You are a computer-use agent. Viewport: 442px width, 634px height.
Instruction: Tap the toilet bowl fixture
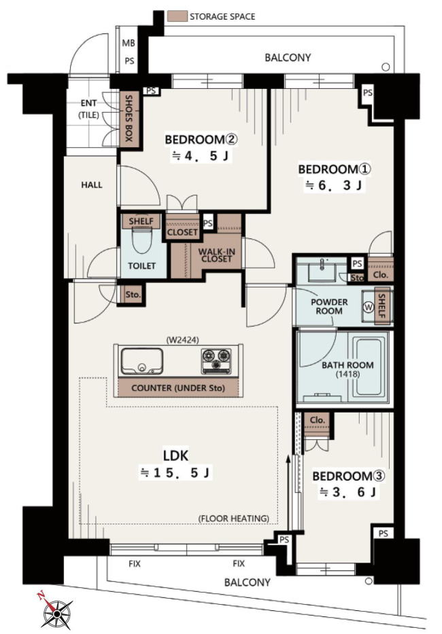click(142, 240)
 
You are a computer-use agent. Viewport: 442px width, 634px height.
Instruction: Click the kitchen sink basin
click(142, 361)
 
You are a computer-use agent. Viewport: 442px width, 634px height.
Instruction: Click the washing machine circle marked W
click(369, 307)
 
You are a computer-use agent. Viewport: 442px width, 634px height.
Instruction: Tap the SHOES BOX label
click(129, 118)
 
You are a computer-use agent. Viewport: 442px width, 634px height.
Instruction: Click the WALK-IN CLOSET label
click(216, 255)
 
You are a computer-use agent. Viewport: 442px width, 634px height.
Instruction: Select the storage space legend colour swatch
click(177, 16)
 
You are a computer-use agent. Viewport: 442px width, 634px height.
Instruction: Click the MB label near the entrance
click(129, 43)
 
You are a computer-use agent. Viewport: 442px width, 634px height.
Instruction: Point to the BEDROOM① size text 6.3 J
click(334, 185)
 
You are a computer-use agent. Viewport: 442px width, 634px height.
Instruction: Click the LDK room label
click(176, 455)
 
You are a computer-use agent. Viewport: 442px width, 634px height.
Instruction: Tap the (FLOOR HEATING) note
click(234, 519)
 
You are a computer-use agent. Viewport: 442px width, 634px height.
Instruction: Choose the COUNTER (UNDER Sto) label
click(178, 388)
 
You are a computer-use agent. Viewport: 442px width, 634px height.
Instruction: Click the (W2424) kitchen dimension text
click(182, 340)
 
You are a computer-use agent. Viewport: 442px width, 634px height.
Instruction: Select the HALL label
click(92, 185)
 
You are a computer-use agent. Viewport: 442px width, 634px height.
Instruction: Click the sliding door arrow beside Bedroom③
click(288, 493)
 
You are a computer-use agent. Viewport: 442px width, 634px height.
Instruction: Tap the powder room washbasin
click(322, 269)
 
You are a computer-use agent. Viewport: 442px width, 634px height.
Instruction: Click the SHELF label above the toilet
click(141, 221)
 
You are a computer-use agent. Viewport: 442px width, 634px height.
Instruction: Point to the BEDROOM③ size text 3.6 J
click(348, 493)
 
